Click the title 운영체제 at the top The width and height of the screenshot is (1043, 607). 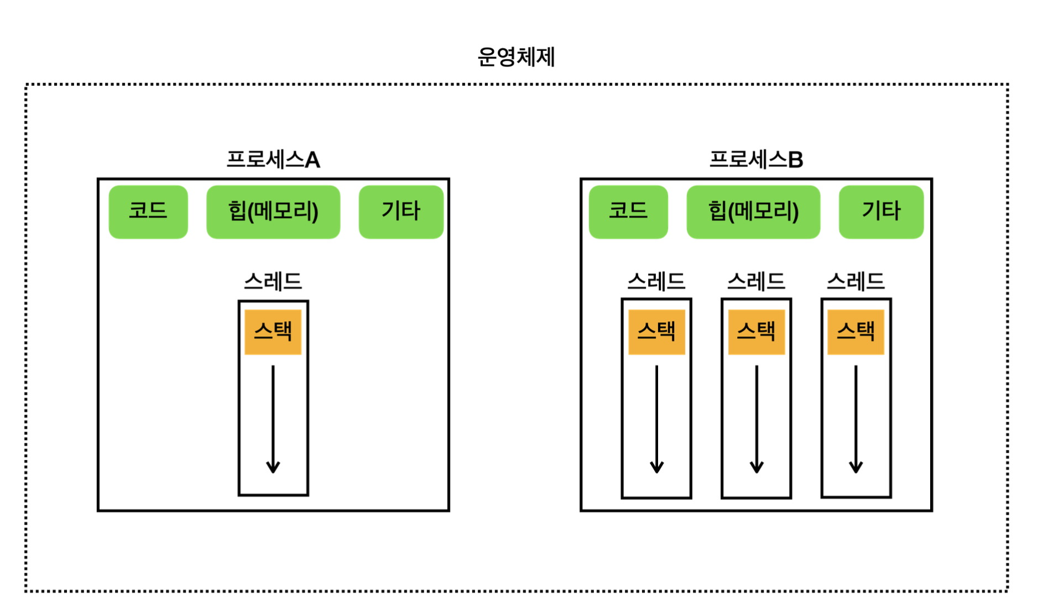pos(516,57)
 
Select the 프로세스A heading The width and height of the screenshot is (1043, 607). pos(273,160)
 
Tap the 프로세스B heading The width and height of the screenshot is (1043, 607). pos(755,160)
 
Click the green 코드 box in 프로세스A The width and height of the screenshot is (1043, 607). pos(148,212)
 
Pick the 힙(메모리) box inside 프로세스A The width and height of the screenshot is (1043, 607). pos(273,212)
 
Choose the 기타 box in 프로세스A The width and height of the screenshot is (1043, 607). pos(401,212)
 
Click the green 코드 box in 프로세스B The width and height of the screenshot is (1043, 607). pos(628,212)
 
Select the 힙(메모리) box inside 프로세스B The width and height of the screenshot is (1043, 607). pos(753,212)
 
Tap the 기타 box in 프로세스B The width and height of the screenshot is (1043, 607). pos(881,212)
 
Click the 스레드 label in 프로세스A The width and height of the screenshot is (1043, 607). pos(273,282)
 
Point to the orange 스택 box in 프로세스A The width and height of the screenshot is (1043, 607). pos(273,332)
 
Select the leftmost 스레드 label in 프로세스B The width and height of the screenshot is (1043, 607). pos(656,282)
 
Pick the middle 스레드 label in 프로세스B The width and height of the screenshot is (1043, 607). pos(756,282)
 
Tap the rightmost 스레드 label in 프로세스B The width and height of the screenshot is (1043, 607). pos(856,282)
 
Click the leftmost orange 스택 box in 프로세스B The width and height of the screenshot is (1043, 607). pos(656,332)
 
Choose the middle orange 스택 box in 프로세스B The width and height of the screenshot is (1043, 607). pos(756,332)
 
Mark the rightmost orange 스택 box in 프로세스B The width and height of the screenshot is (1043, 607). pos(856,332)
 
